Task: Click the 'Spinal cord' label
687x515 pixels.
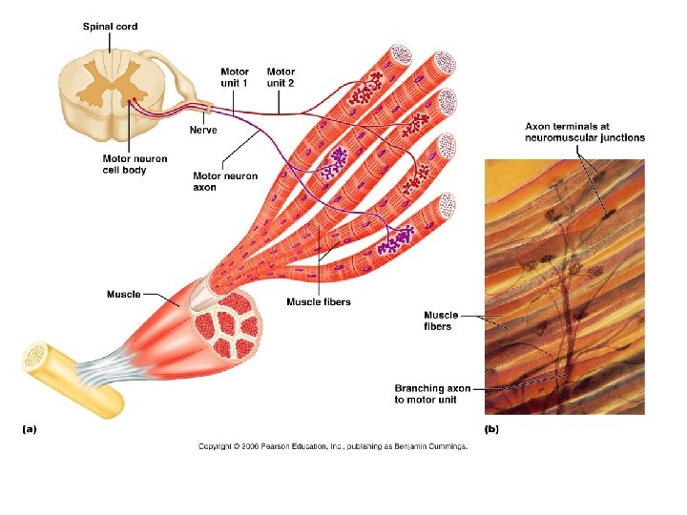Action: point(110,27)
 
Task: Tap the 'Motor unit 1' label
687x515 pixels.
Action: point(235,77)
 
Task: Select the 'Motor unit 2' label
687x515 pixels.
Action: point(281,77)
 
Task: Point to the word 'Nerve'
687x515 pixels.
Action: point(203,130)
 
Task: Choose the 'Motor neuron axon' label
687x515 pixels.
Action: point(225,181)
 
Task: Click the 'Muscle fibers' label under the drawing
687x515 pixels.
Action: point(318,302)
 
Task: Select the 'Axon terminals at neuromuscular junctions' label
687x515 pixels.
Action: point(584,132)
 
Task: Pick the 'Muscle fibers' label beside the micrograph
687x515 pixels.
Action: point(441,320)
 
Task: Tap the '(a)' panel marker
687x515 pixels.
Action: point(30,429)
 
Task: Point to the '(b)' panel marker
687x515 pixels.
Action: point(491,429)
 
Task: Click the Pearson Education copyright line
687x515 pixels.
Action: point(333,446)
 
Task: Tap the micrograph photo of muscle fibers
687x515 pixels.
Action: point(564,286)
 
